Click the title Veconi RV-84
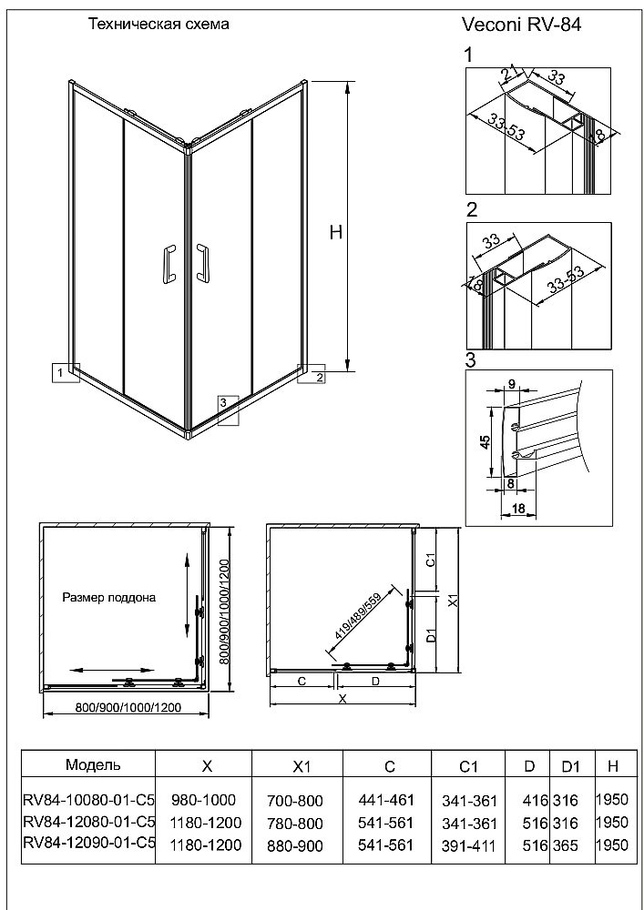click(521, 25)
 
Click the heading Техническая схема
click(158, 25)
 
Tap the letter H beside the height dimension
click(335, 231)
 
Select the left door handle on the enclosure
click(168, 265)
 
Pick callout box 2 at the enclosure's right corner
click(312, 374)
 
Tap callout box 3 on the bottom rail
click(228, 410)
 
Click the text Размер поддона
click(109, 598)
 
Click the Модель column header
click(94, 764)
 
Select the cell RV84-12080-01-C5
click(89, 823)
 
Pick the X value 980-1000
click(204, 800)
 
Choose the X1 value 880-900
click(295, 845)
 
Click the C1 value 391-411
click(470, 846)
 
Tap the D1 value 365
click(567, 845)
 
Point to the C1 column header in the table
click(468, 766)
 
